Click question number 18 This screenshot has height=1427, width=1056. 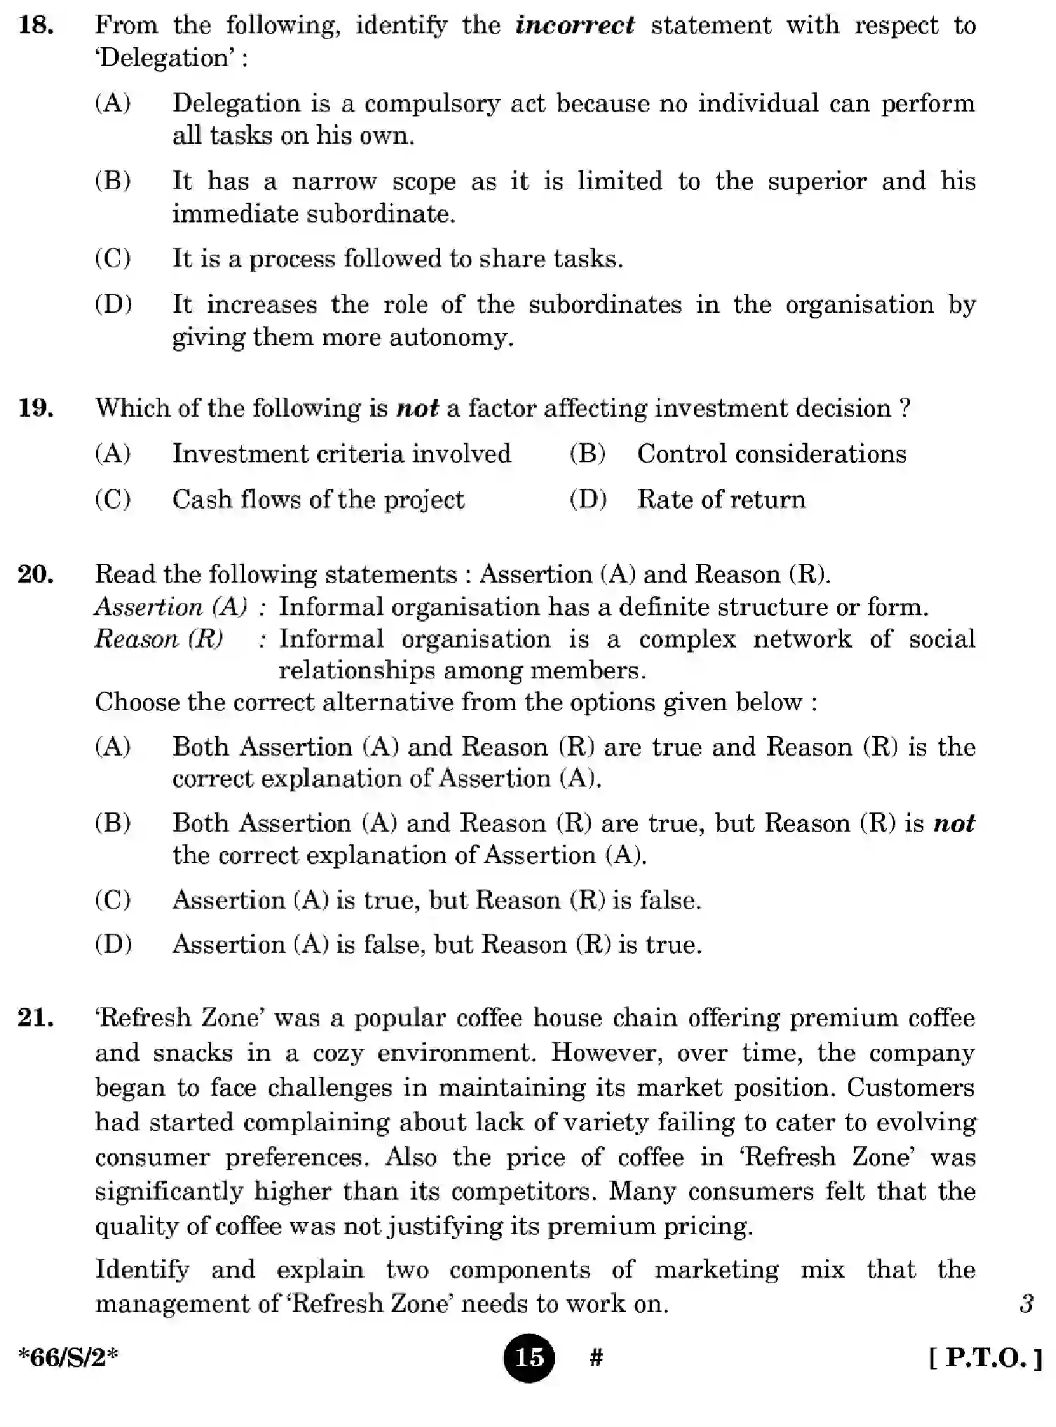tap(36, 26)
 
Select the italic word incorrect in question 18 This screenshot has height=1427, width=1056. tap(574, 26)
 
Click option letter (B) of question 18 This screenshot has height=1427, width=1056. tap(113, 181)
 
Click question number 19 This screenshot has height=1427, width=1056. tap(36, 408)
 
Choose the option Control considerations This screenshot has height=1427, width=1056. tap(771, 454)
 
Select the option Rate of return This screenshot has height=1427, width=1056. tap(721, 500)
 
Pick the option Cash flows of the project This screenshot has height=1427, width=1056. tap(318, 500)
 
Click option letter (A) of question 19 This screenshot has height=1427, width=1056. tap(113, 454)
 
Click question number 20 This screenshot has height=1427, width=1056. tap(36, 575)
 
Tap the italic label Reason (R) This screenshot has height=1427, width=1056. tap(159, 639)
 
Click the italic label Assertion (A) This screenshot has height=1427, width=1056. tap(171, 607)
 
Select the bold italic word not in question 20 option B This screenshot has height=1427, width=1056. tap(954, 823)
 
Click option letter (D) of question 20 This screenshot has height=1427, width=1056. tap(113, 944)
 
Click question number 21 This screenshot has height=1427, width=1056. tap(36, 1018)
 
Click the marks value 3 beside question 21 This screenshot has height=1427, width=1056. tap(1026, 1304)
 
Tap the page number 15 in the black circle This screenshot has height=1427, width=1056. tap(528, 1358)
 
